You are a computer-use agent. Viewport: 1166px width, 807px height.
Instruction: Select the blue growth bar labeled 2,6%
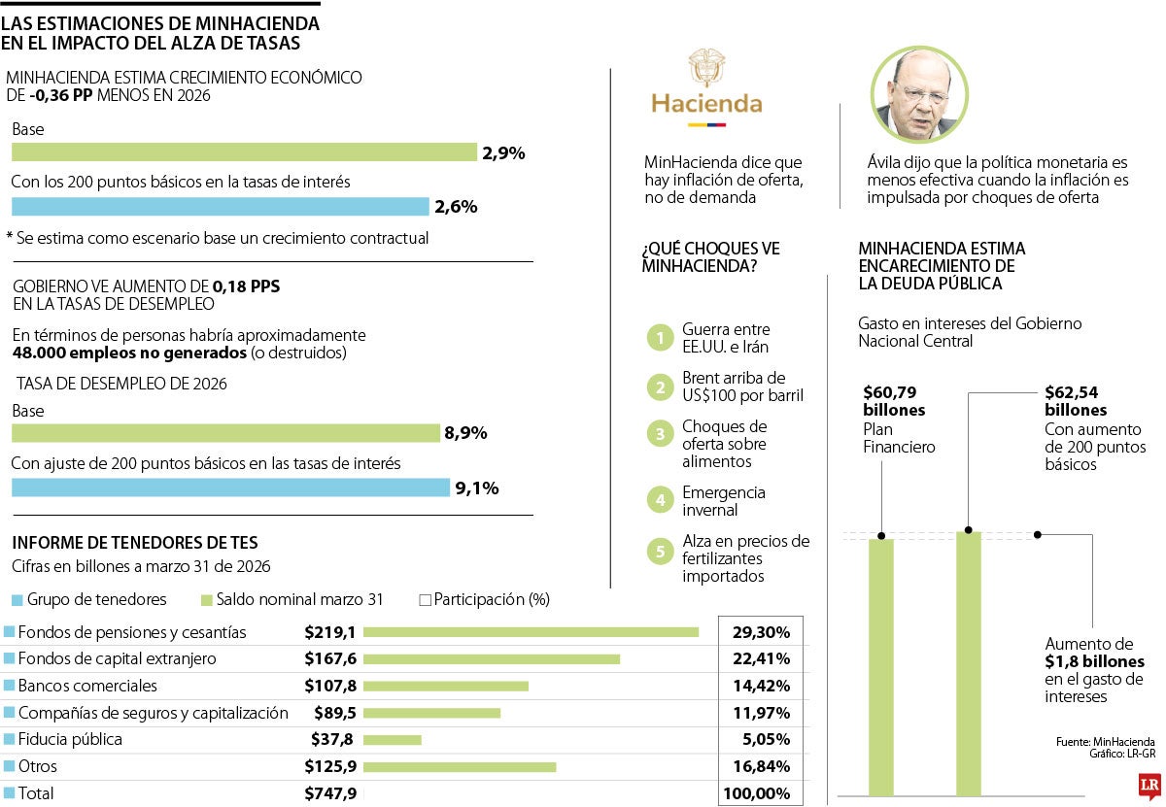220,206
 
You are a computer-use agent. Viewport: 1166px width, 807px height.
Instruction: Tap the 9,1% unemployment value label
476,488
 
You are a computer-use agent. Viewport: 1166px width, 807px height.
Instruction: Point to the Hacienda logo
706,88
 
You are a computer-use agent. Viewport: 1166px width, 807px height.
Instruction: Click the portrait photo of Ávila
919,94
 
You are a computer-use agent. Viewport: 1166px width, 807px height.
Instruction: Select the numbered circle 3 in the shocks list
660,434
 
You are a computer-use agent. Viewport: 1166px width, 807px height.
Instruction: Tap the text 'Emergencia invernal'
724,501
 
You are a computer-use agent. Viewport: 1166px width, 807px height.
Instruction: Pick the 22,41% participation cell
761,659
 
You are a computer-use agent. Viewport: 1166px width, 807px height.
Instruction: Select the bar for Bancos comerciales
446,686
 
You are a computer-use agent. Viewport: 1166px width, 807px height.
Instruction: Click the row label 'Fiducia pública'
70,739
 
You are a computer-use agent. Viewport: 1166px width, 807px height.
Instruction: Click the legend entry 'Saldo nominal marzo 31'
300,599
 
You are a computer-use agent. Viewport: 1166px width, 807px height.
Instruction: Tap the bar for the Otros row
460,766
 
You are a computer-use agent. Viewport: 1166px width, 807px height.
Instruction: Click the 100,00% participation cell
756,793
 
